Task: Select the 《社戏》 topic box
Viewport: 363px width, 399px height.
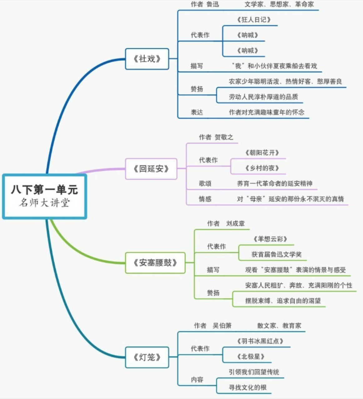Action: click(147, 59)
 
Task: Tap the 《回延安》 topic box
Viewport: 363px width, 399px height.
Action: click(151, 169)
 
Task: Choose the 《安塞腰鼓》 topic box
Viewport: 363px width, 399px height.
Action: click(155, 263)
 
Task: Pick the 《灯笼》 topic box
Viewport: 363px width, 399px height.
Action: click(147, 357)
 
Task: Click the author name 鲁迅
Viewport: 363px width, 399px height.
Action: click(213, 4)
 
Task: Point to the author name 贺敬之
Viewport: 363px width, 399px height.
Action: click(224, 137)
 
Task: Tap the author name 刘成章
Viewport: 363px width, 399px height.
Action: click(235, 224)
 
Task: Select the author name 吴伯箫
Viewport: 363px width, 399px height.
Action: click(222, 326)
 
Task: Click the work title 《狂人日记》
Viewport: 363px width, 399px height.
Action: click(253, 20)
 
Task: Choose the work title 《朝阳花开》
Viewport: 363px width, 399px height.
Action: click(262, 153)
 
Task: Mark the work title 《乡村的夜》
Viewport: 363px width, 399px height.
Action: click(262, 168)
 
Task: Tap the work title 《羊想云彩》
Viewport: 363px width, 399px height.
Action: click(270, 239)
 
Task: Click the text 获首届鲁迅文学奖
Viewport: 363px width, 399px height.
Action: click(276, 254)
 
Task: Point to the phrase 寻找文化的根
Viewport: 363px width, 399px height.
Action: click(248, 387)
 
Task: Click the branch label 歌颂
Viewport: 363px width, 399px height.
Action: click(205, 184)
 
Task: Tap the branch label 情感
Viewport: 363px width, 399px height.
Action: click(205, 199)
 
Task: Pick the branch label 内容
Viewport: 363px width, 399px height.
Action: click(197, 380)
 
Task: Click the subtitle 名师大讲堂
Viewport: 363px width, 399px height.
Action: click(44, 203)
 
